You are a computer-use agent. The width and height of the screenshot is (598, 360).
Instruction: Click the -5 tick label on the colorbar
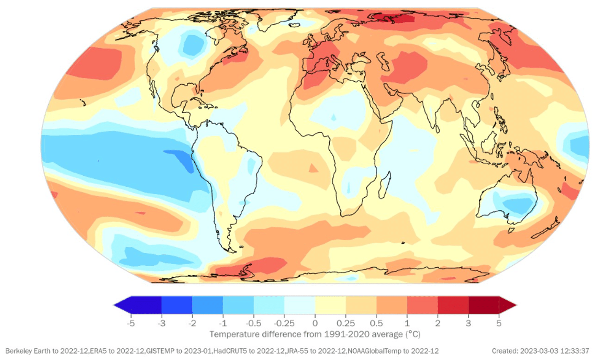coord(131,323)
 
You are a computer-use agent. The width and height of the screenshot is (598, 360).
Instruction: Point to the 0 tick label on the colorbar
coord(315,323)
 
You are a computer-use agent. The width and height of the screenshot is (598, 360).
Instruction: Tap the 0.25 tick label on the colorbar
coord(346,323)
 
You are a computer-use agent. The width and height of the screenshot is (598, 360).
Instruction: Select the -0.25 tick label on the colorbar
coord(284,323)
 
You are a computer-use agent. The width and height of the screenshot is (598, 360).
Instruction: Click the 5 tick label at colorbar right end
coord(499,323)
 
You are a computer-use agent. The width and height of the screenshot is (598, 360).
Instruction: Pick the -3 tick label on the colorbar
coord(161,323)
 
